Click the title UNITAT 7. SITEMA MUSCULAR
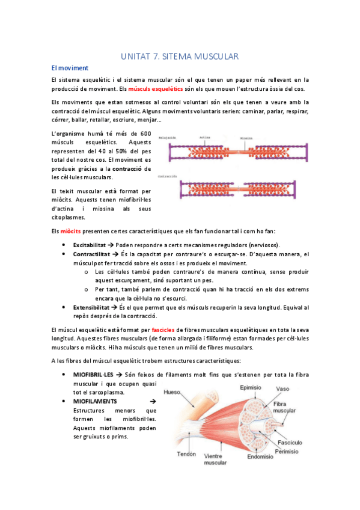180,57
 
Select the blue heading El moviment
70,68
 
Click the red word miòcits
71,232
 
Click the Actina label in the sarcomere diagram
205,138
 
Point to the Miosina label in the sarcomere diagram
246,138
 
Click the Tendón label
186,454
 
